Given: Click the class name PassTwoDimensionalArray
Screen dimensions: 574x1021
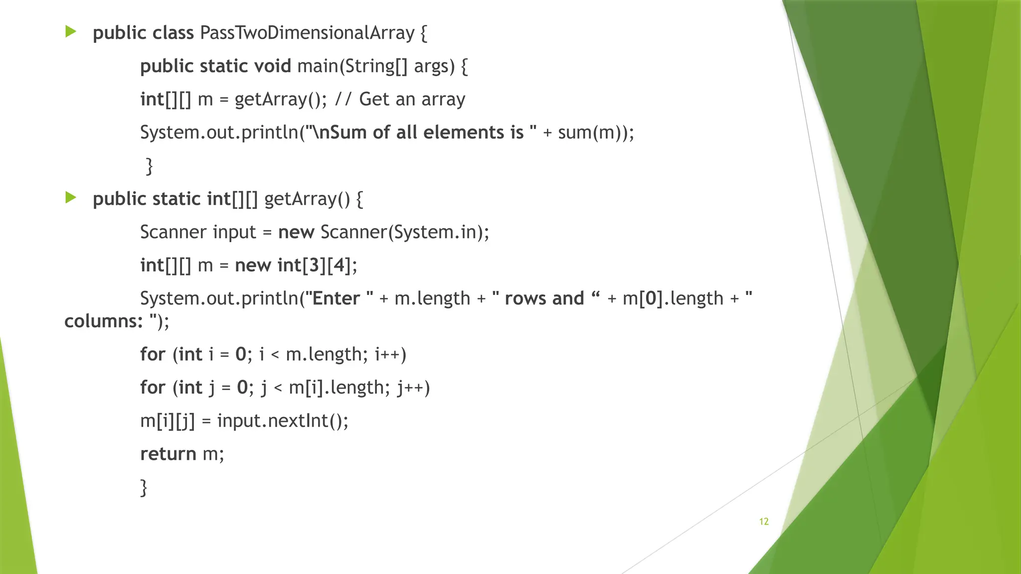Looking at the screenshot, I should [x=307, y=33].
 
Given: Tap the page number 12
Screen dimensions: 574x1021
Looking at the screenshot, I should [x=764, y=522].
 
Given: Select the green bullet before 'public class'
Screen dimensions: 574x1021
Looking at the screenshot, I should [x=71, y=32].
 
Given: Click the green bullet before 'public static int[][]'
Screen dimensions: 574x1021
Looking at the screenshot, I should [x=71, y=198].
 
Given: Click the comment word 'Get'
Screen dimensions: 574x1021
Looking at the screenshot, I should [x=374, y=99].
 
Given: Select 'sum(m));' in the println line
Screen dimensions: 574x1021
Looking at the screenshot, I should [x=596, y=133].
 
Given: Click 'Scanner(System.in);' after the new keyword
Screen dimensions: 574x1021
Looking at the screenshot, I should [x=405, y=232].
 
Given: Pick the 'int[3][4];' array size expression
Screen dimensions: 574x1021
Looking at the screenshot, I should [x=317, y=265].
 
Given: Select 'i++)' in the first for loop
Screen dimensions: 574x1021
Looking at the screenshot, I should [x=390, y=354].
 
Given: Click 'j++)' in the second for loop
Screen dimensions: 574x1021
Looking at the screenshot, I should [x=413, y=388].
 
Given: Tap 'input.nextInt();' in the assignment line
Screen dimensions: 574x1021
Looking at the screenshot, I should [x=283, y=421].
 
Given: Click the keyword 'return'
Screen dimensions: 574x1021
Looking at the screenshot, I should [x=168, y=454].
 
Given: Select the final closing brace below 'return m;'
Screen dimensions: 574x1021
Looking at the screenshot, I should [x=144, y=487].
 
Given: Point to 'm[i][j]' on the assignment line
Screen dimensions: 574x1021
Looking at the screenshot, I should [x=168, y=421].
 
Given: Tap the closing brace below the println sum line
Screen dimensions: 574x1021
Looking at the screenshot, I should [x=149, y=166].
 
